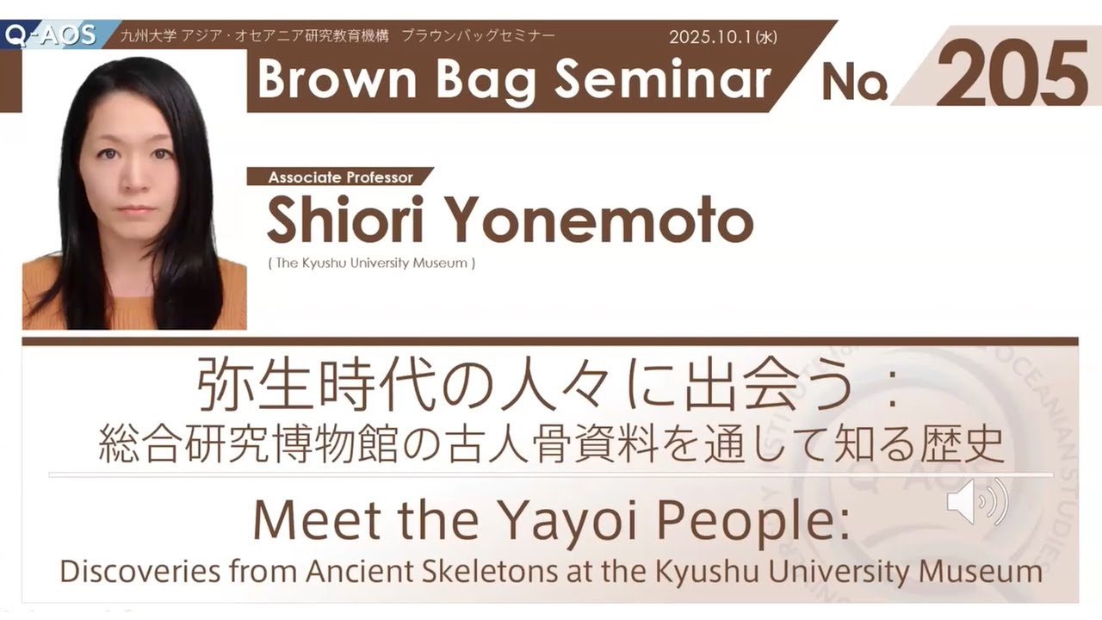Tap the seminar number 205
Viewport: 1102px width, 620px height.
(x=1012, y=74)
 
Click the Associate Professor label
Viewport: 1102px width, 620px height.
(x=340, y=177)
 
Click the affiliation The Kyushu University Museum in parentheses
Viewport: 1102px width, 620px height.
(x=371, y=263)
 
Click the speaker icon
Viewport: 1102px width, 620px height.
(x=976, y=502)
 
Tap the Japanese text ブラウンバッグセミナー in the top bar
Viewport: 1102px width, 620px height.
(x=478, y=36)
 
